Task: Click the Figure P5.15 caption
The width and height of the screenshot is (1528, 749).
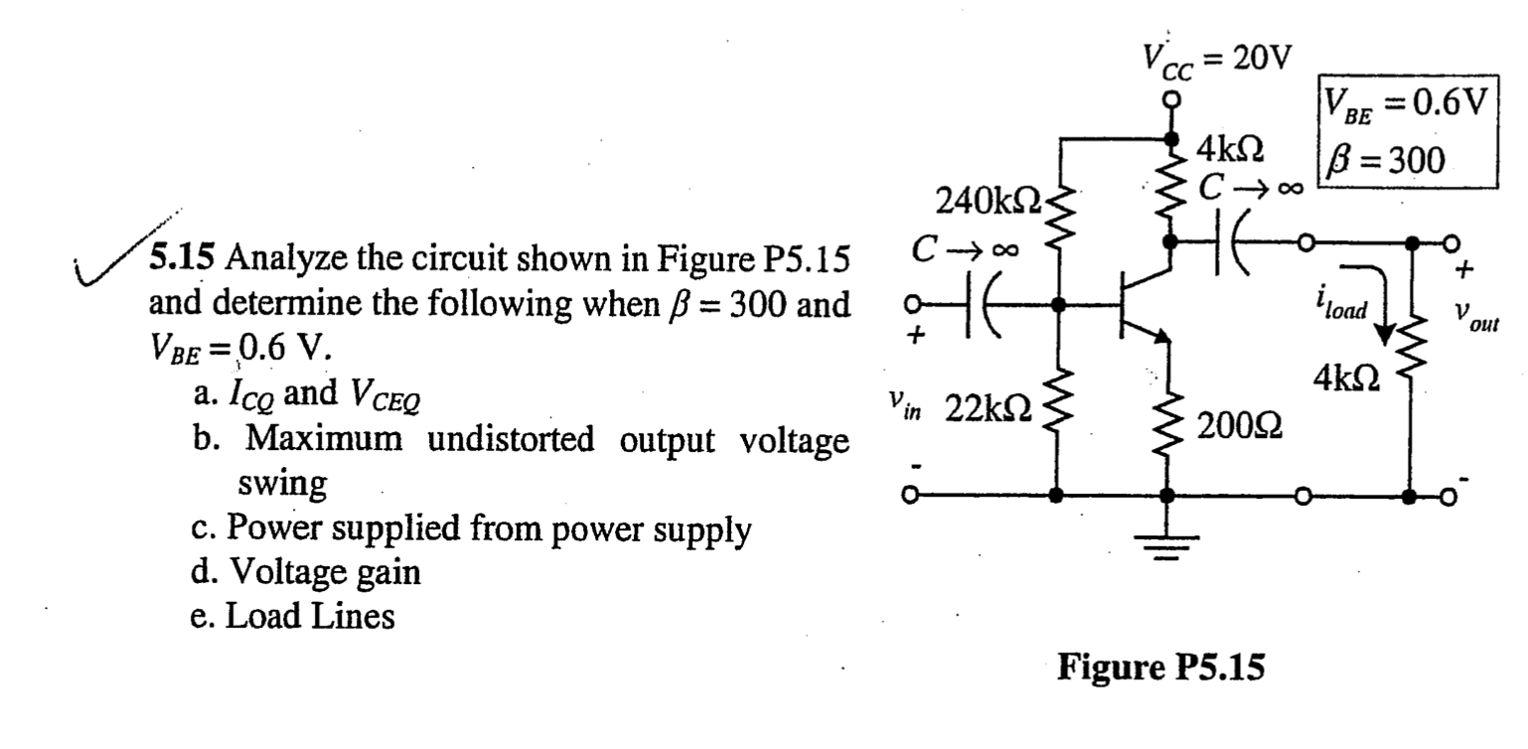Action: click(x=1161, y=666)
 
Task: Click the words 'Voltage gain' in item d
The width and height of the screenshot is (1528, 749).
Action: click(x=323, y=572)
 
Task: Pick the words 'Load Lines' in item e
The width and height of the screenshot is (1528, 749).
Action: click(x=309, y=616)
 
